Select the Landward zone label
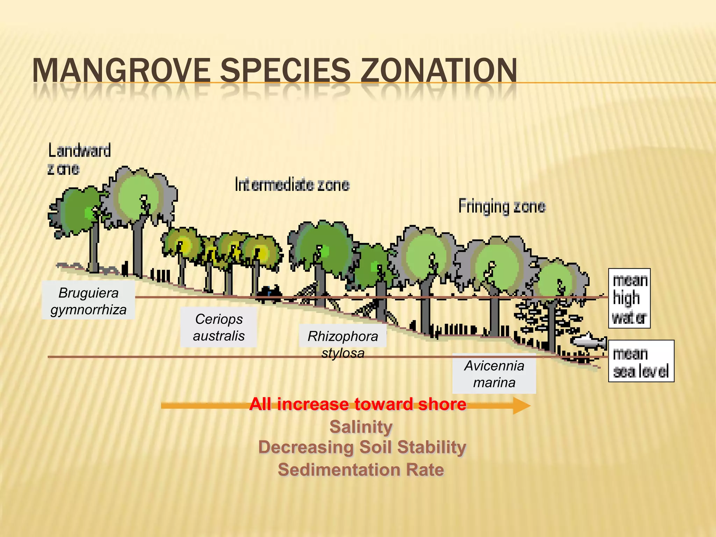pyautogui.click(x=79, y=159)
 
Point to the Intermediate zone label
pyautogui.click(x=292, y=185)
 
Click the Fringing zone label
pyautogui.click(x=502, y=206)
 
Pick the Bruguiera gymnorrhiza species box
pyautogui.click(x=88, y=301)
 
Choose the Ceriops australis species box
pyautogui.click(x=219, y=327)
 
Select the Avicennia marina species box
pyautogui.click(x=494, y=374)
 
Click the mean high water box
pyautogui.click(x=629, y=299)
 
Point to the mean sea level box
pyautogui.click(x=641, y=361)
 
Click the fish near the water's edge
pyautogui.click(x=589, y=341)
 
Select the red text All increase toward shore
pyautogui.click(x=358, y=404)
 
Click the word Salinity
pyautogui.click(x=361, y=427)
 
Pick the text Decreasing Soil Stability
pyautogui.click(x=362, y=447)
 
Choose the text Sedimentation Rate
pyautogui.click(x=361, y=470)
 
